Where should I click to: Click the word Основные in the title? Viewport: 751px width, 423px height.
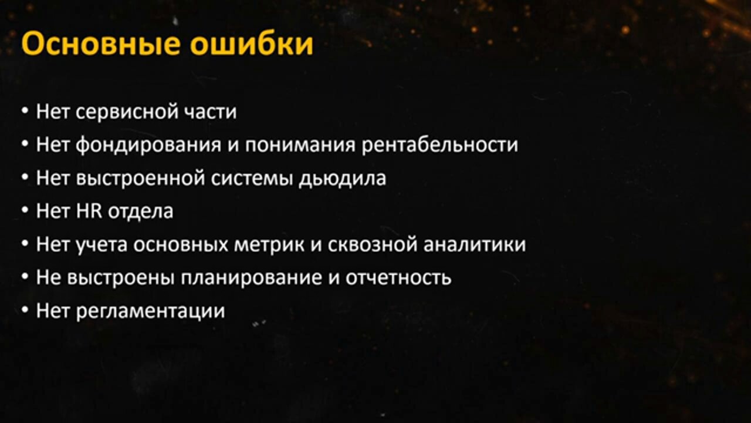[x=101, y=43]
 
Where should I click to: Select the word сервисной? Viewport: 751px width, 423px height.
[x=127, y=112]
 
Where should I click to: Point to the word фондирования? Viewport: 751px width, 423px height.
[x=148, y=145]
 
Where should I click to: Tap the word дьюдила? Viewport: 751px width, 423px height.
[x=342, y=179]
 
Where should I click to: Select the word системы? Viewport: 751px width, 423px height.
[x=252, y=179]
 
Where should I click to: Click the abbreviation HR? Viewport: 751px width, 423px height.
[x=89, y=211]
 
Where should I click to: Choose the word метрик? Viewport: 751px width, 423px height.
[x=269, y=245]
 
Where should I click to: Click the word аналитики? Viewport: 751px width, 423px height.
[x=475, y=245]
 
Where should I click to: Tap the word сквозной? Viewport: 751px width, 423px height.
[x=373, y=245]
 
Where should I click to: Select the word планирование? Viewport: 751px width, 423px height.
[x=251, y=278]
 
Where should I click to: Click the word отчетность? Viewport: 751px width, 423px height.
[x=398, y=278]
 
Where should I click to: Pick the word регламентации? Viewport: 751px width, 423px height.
[x=151, y=311]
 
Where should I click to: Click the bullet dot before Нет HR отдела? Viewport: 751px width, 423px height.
[x=25, y=211]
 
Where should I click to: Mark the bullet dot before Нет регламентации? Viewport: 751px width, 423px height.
[x=25, y=310]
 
